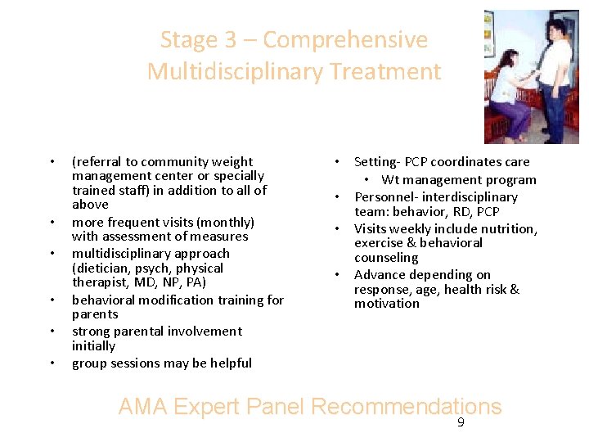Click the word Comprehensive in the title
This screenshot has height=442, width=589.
pos(345,40)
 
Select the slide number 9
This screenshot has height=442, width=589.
pos(461,423)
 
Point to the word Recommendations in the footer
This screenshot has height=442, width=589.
pos(407,407)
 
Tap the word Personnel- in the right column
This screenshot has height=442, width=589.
pos(384,197)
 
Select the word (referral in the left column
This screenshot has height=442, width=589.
pos(96,162)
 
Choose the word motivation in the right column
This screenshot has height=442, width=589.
pos(387,304)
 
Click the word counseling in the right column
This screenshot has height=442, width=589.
pos(386,258)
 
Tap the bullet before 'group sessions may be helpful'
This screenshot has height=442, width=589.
pos(52,363)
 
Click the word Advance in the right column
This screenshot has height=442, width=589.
pos(379,275)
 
